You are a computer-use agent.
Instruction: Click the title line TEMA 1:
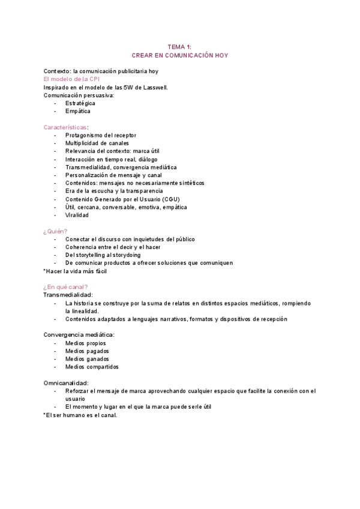(x=179, y=46)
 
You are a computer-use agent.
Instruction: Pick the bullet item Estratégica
(x=80, y=103)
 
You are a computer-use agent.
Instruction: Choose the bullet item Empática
(x=78, y=111)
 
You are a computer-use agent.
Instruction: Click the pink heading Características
(x=65, y=127)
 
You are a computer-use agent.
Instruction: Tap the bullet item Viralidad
(x=77, y=215)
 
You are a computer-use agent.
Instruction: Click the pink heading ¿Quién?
(x=55, y=231)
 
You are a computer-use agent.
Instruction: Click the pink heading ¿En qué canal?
(x=65, y=287)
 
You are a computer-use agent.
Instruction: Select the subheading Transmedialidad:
(x=68, y=295)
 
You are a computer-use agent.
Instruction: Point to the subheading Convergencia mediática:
(x=79, y=334)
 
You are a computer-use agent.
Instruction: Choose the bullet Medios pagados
(x=87, y=351)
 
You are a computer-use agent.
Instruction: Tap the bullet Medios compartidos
(x=92, y=367)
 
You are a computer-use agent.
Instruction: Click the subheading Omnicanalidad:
(x=67, y=383)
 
